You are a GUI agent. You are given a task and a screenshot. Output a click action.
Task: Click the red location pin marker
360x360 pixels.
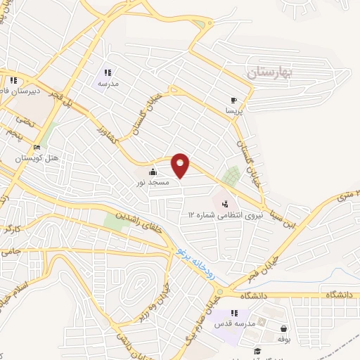point(181,165)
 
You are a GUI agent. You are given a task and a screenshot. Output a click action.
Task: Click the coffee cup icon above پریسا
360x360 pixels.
point(234,101)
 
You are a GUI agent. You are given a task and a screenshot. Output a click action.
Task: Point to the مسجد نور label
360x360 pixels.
point(153,182)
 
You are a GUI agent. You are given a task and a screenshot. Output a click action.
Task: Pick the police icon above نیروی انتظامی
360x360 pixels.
point(224,203)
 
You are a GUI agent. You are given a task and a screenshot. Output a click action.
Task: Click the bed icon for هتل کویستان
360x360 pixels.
point(37,148)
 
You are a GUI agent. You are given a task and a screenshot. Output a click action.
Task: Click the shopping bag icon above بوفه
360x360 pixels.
point(283,328)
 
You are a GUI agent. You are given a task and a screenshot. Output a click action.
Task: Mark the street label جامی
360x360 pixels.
point(10,250)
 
